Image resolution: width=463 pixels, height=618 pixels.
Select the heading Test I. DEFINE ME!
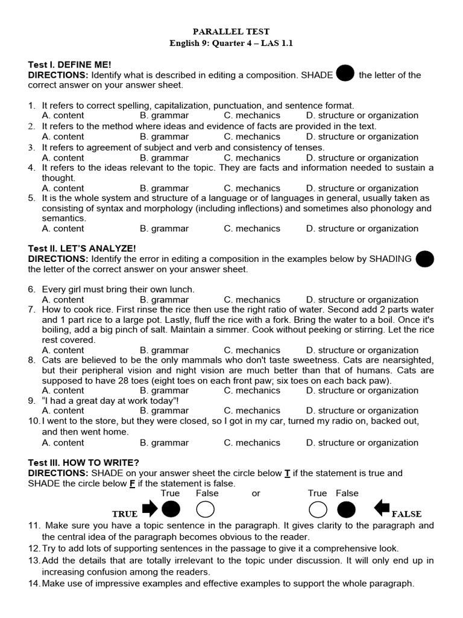tap(70, 64)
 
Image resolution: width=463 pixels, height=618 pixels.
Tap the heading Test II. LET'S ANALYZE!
tap(82, 248)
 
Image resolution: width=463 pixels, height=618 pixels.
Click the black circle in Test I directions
tap(345, 73)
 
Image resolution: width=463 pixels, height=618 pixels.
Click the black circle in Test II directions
tap(425, 259)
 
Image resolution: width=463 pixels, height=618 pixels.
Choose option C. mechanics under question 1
tap(252, 115)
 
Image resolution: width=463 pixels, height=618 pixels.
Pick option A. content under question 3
tap(63, 158)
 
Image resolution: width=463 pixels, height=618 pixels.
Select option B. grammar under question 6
tap(164, 299)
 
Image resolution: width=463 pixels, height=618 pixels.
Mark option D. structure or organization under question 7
tap(362, 350)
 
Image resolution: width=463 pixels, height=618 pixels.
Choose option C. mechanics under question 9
tap(252, 410)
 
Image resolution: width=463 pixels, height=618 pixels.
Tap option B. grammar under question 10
tap(164, 442)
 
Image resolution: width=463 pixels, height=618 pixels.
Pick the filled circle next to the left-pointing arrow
tap(346, 510)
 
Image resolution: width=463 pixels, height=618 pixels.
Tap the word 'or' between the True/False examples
tap(256, 493)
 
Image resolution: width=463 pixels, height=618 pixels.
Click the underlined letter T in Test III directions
tap(288, 473)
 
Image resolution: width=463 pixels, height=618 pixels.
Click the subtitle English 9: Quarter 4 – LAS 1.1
tap(231, 43)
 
